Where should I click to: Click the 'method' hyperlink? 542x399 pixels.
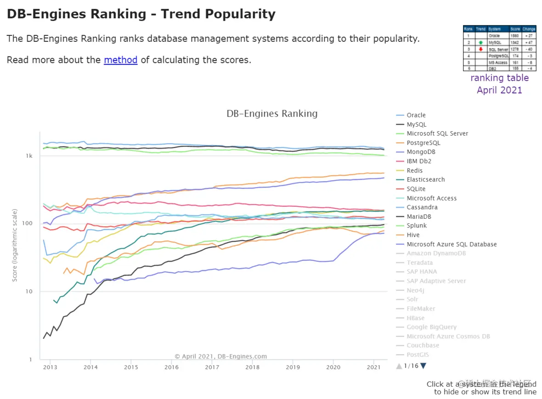pos(120,60)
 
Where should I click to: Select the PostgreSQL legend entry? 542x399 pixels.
pos(423,143)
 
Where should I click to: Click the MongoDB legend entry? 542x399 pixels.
pos(421,152)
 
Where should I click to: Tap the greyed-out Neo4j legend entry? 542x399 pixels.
pos(415,290)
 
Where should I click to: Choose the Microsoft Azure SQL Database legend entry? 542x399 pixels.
pos(452,244)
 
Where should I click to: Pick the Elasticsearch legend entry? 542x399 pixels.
pos(425,180)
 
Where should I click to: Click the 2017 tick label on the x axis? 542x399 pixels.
pos(212,367)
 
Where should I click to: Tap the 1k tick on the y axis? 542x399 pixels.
pos(29,156)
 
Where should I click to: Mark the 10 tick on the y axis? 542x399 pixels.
pos(29,292)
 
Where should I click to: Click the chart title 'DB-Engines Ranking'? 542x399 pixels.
pos(272,114)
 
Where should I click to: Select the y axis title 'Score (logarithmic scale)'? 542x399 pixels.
pos(15,245)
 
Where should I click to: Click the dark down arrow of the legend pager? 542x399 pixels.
pos(423,366)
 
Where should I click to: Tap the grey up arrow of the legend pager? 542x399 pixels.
pos(399,366)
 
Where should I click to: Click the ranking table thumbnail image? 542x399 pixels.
pos(499,48)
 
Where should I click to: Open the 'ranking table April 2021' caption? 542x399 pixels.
pos(499,84)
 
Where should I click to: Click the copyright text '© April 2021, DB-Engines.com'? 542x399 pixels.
pos(220,356)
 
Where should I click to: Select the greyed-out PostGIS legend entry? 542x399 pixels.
pos(418,355)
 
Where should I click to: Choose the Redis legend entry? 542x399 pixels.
pos(414,171)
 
